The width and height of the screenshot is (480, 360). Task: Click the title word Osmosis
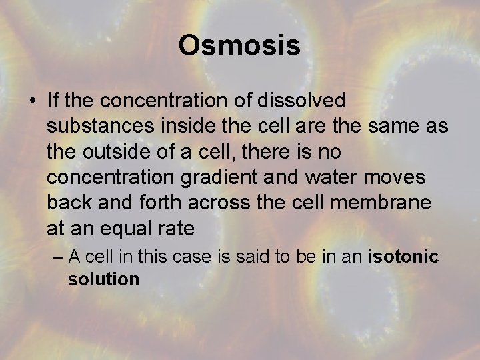click(239, 45)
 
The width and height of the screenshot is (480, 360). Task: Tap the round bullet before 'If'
click(32, 101)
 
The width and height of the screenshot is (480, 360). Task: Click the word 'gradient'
click(214, 177)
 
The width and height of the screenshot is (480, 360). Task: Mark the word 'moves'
click(379, 177)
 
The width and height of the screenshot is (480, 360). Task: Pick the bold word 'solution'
click(103, 279)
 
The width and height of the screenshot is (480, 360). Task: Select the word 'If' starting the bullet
click(53, 101)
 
